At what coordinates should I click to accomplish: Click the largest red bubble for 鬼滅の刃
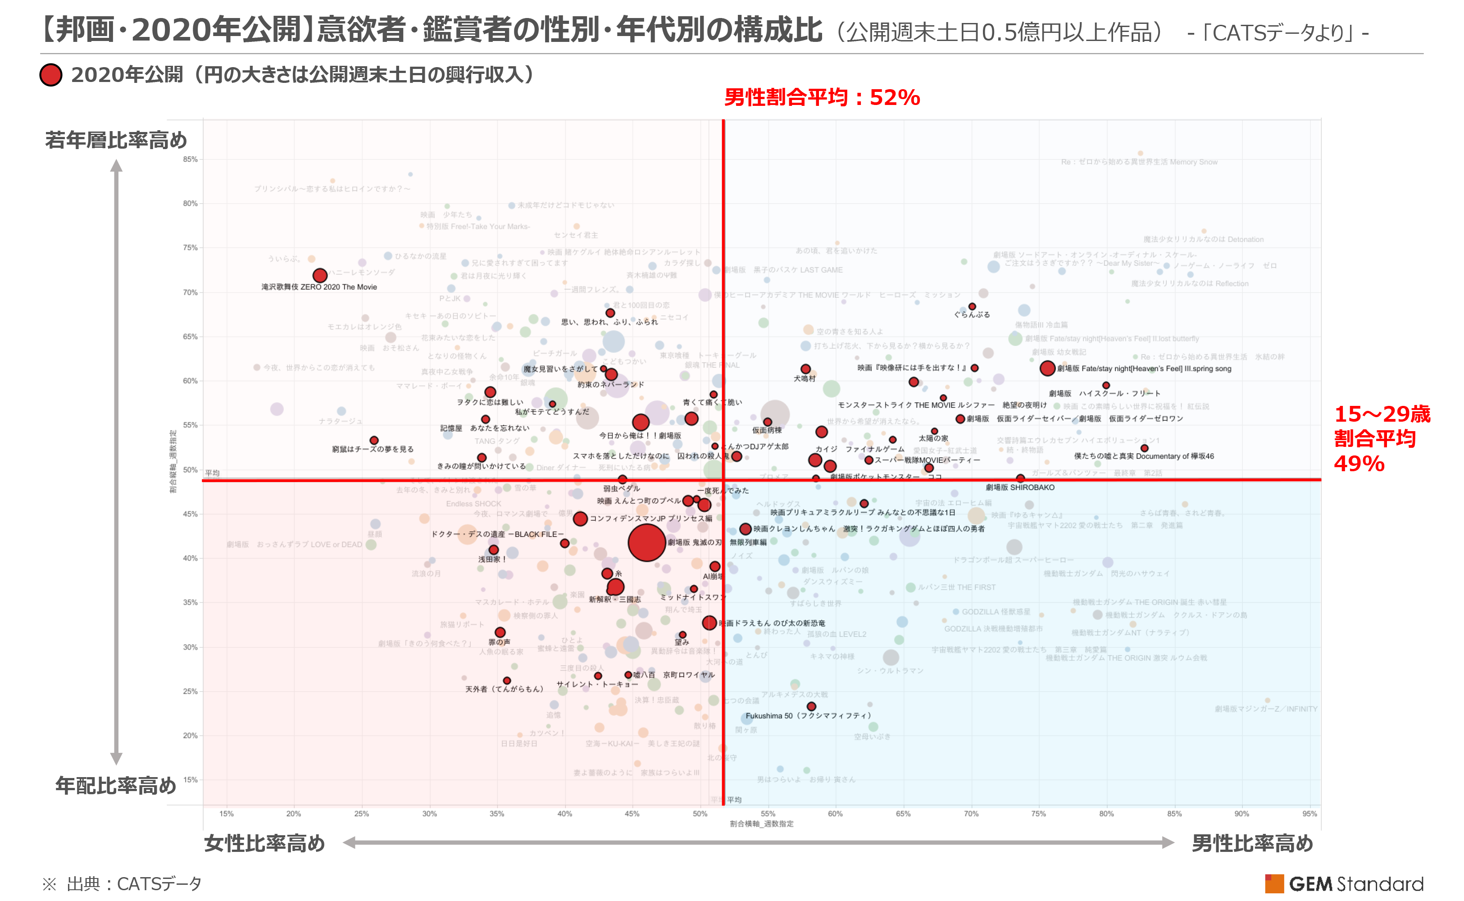coord(646,542)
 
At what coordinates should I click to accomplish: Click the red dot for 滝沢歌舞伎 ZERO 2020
coord(320,275)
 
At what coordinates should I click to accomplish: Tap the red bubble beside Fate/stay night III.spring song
coord(1047,368)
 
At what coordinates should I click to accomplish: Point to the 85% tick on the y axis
coord(190,159)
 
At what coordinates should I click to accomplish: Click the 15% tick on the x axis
coord(227,814)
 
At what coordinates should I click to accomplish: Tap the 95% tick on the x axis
coord(1309,814)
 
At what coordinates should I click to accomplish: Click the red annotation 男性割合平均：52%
coord(822,97)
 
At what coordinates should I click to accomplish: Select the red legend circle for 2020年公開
coord(51,75)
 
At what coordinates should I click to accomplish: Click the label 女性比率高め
coord(264,843)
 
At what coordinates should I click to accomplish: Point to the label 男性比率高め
coord(1252,843)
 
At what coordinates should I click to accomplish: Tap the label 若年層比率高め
coord(116,140)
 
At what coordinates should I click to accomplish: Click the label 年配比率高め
coord(116,785)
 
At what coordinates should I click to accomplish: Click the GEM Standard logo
coord(1344,884)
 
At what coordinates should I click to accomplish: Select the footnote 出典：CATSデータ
coord(134,884)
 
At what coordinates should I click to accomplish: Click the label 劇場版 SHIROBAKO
coord(1020,487)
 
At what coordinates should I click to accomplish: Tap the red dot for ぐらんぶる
coord(972,306)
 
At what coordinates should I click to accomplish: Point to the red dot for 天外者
coord(506,681)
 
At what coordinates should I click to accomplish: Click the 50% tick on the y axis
coord(190,469)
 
